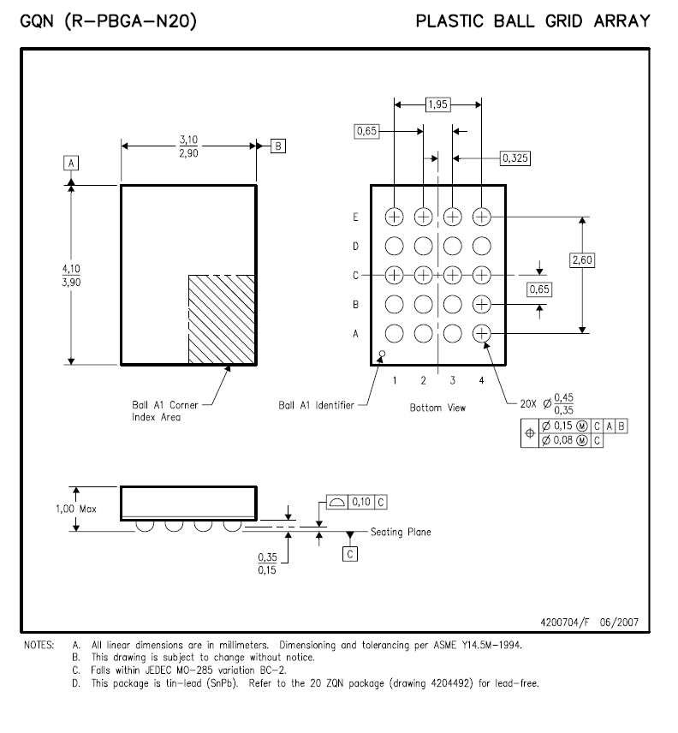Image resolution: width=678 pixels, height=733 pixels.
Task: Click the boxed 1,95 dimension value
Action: [437, 104]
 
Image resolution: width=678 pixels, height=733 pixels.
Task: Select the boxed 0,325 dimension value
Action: [515, 158]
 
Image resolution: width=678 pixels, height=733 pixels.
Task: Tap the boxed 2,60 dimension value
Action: [582, 260]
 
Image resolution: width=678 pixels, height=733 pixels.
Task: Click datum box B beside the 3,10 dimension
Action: [278, 146]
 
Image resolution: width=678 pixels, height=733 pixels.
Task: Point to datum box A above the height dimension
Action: [71, 164]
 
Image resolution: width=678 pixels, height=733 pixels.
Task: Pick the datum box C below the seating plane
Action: [350, 554]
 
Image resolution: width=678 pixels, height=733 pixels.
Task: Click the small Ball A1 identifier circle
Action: [382, 354]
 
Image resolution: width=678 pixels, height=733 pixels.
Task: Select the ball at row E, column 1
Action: [394, 217]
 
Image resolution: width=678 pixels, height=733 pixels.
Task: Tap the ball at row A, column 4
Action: [482, 333]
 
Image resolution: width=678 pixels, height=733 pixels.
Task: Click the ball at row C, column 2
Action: [424, 275]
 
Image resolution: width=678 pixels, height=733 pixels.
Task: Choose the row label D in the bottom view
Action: [355, 247]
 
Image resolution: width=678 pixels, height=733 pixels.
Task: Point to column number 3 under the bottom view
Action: [452, 380]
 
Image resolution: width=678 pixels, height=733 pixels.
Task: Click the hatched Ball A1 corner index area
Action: [222, 319]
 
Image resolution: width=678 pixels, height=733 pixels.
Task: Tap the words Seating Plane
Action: [401, 532]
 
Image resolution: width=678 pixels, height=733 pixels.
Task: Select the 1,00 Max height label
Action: [76, 509]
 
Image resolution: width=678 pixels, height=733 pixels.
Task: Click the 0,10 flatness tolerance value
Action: [360, 502]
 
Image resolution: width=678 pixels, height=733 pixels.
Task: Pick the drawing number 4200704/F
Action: [565, 623]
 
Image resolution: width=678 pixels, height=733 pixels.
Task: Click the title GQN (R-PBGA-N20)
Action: [109, 21]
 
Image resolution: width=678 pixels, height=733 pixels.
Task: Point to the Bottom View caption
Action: [437, 408]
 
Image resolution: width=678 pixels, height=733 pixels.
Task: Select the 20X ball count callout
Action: [528, 403]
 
